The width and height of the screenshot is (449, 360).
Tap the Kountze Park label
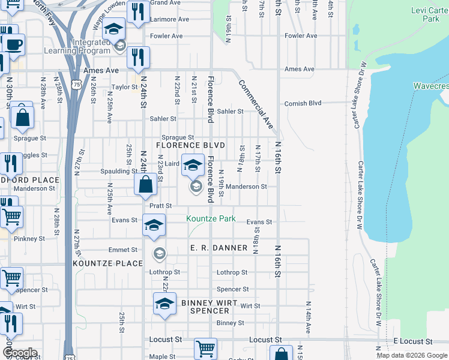tap(211, 218)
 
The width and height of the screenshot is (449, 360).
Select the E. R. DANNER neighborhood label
tap(218, 248)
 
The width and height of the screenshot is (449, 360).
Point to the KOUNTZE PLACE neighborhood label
tap(108, 263)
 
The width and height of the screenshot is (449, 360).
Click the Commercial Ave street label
tap(256, 104)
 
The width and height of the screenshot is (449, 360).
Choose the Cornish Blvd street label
tap(303, 103)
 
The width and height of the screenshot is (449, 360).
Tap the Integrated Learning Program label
tap(91, 47)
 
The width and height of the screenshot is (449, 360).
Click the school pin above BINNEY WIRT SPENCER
tap(164, 303)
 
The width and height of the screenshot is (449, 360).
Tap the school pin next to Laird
tap(193, 165)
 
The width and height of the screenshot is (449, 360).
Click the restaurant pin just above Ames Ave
tap(139, 57)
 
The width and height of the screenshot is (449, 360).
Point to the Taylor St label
tap(125, 87)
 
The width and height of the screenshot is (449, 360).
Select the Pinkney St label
tap(29, 239)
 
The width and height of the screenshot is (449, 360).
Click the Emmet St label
tap(122, 250)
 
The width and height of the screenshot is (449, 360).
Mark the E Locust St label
tap(413, 341)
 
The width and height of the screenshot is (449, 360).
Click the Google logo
tap(20, 353)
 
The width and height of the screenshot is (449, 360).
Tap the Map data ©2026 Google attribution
tap(412, 355)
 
